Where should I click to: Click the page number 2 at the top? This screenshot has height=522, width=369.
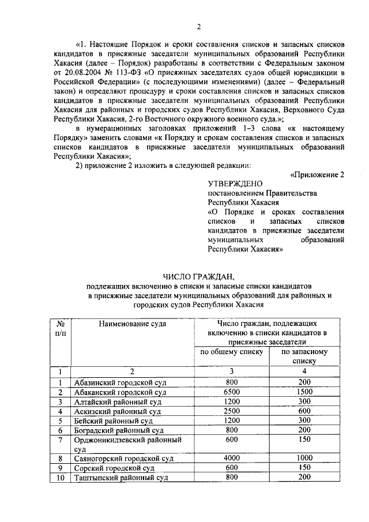(198, 26)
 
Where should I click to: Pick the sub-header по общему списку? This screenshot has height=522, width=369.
(232, 351)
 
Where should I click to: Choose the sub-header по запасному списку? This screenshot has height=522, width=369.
(304, 356)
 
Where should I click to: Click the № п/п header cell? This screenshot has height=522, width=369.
(60, 328)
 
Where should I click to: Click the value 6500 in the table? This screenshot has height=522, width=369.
(232, 392)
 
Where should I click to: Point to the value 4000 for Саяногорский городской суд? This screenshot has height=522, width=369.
(232, 457)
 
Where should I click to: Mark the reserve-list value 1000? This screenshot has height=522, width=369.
(304, 457)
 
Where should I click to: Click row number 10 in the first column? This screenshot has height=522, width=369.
(60, 478)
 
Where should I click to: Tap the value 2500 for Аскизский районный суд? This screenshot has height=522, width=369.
(232, 411)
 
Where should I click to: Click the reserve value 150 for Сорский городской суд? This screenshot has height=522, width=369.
(304, 467)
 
